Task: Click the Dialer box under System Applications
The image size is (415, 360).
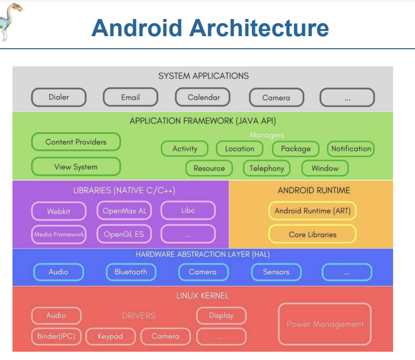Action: (x=59, y=97)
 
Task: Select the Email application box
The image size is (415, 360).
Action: (x=130, y=97)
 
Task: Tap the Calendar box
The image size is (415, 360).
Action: (x=203, y=97)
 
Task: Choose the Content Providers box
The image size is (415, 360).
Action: (x=76, y=142)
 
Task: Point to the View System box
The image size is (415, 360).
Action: (x=76, y=167)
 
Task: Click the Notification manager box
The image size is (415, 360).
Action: (x=351, y=149)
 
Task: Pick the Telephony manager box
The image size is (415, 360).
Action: (x=267, y=168)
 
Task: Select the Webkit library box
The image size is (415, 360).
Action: (x=58, y=211)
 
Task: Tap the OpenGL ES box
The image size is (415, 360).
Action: (x=123, y=234)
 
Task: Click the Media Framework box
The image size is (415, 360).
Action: (x=59, y=234)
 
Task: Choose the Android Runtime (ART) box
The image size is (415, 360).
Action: (x=312, y=211)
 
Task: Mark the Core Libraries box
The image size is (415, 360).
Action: (x=312, y=234)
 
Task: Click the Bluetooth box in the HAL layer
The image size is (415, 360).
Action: (x=130, y=272)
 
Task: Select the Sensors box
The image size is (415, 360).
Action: (x=276, y=272)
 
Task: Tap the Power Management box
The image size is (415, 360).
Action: (x=325, y=324)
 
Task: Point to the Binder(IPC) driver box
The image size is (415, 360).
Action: (x=56, y=336)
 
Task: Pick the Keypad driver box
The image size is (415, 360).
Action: (x=110, y=336)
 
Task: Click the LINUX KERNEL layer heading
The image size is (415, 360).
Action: (x=202, y=295)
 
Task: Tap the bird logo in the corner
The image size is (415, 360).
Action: (x=12, y=21)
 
